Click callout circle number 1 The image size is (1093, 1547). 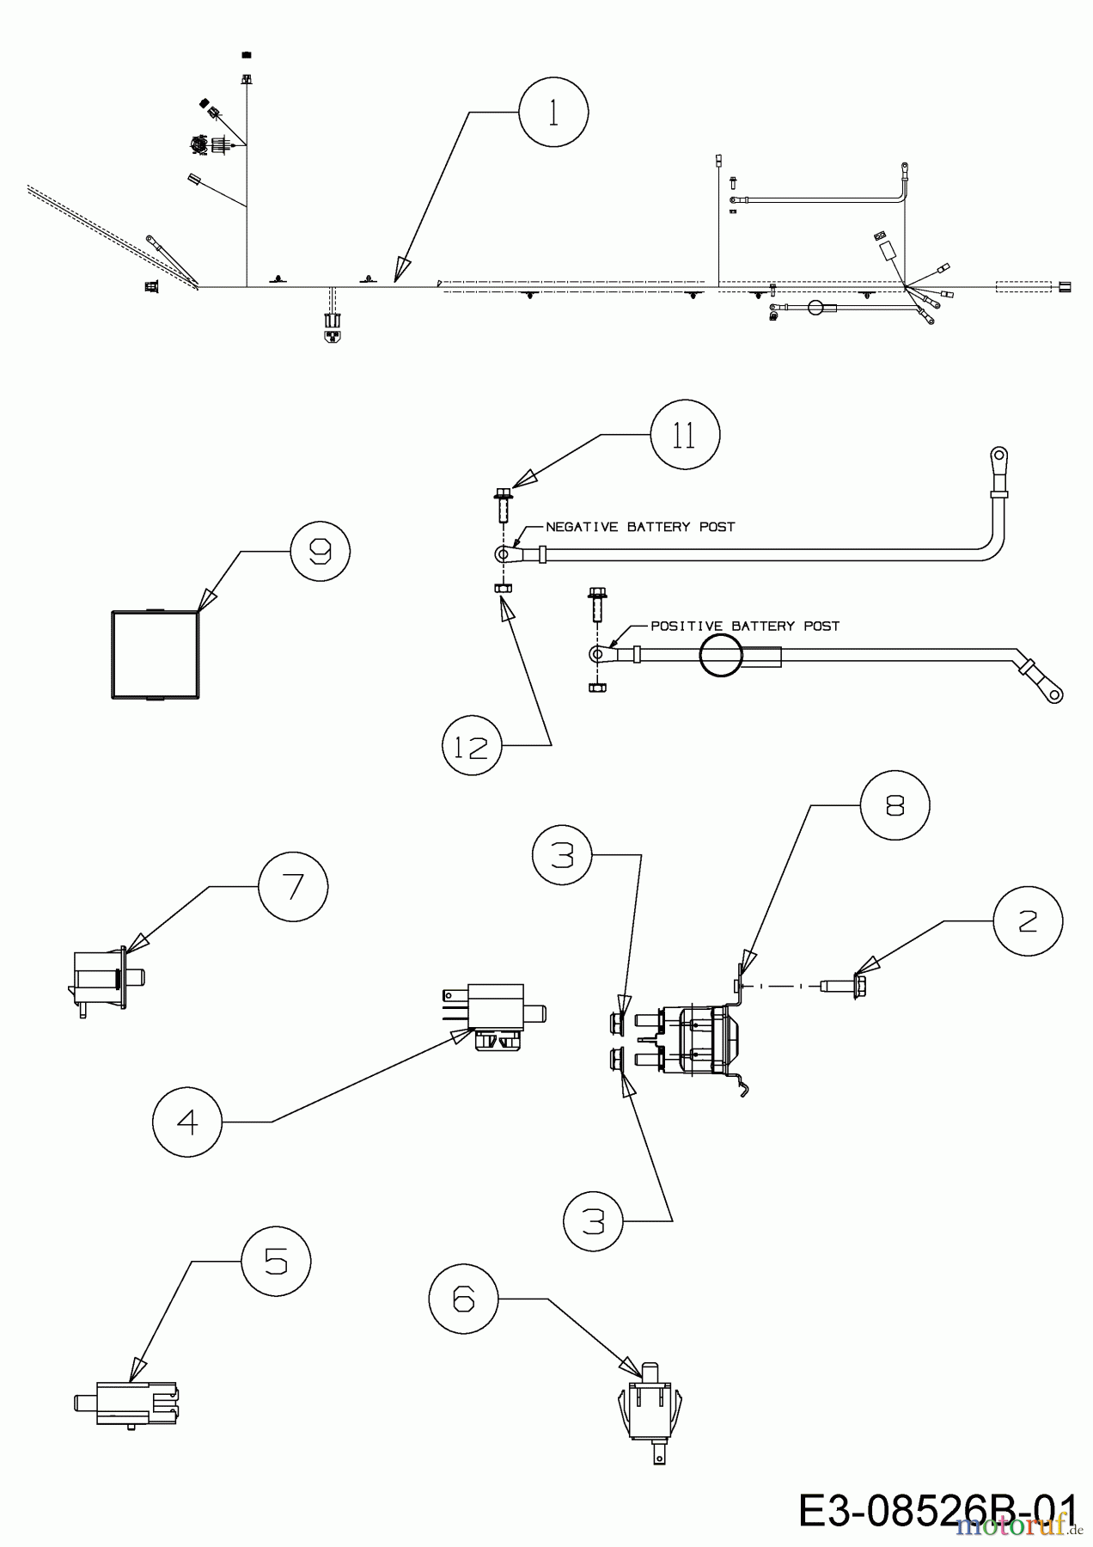(554, 113)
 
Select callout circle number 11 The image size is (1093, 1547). (685, 436)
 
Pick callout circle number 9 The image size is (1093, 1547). (321, 552)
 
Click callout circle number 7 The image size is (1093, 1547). (293, 886)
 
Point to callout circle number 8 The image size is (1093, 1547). (895, 805)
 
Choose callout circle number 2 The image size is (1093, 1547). (1028, 920)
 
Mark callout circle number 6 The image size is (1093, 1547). (463, 1299)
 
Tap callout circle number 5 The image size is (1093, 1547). (276, 1261)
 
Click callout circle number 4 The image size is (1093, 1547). (187, 1121)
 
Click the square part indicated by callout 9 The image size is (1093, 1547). (156, 655)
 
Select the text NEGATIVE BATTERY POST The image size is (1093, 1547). (640, 527)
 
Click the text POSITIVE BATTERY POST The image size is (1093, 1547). (744, 626)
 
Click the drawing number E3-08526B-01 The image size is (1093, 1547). (937, 1511)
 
